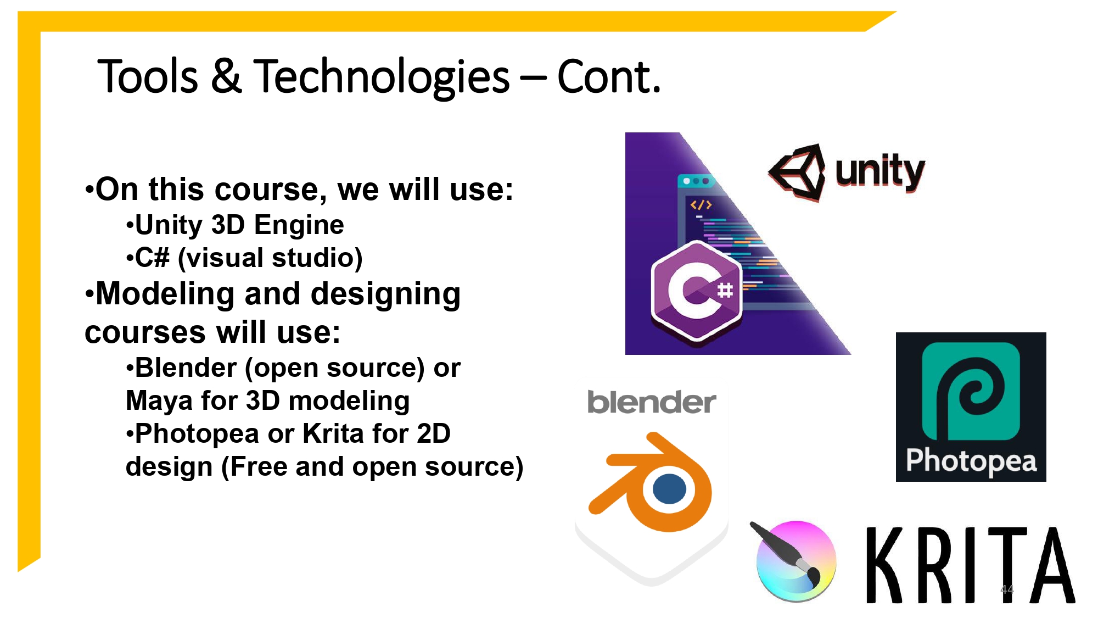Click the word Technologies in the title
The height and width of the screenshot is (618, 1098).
tap(381, 77)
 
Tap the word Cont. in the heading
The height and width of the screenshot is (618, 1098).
tap(608, 77)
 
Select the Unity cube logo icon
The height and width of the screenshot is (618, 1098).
tap(798, 172)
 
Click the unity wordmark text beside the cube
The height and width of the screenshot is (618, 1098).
tap(879, 171)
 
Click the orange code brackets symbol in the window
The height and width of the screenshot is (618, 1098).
tap(701, 205)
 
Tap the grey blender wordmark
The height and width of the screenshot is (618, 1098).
tap(651, 403)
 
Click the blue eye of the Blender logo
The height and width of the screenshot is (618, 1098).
tap(670, 489)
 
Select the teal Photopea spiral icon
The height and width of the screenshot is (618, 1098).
tap(971, 391)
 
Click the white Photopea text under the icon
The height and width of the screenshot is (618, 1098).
tap(971, 460)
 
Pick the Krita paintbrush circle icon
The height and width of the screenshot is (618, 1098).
tap(796, 561)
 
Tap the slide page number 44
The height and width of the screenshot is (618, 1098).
tap(1006, 589)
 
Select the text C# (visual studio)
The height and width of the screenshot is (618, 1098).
tap(248, 258)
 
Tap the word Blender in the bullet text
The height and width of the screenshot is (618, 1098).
tap(186, 368)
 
